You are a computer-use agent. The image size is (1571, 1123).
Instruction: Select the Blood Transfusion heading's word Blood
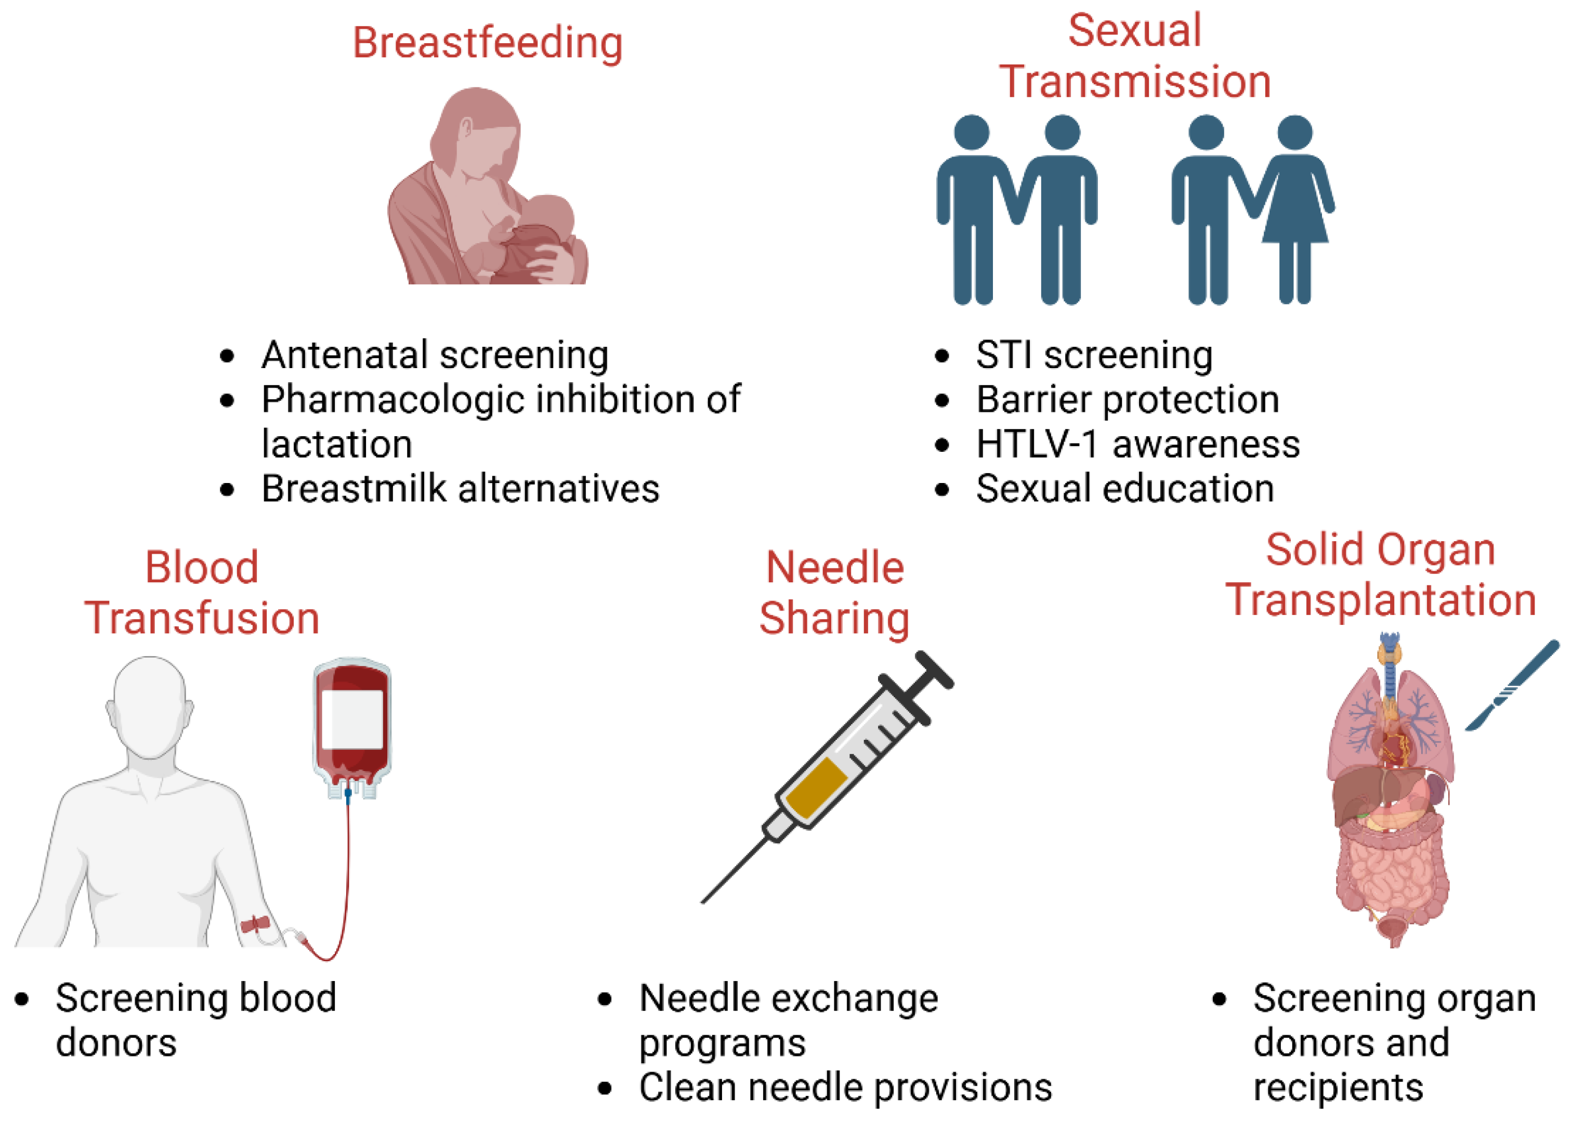pos(201,568)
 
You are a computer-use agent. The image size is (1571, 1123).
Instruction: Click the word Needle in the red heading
pos(834,568)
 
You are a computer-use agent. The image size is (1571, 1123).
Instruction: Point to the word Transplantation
pos(1380,599)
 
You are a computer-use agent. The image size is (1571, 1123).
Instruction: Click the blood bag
pos(352,726)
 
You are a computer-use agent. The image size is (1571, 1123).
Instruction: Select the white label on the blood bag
pos(352,719)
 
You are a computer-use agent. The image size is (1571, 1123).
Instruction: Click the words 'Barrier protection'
pos(1127,400)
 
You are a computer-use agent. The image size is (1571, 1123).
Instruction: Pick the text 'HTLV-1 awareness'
pos(1137,444)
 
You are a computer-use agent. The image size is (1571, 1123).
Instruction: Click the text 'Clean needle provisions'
pos(845,1087)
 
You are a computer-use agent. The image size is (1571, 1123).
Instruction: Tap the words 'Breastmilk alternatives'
pos(460,489)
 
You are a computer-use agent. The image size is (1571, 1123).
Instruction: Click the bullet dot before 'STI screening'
pos(942,356)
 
